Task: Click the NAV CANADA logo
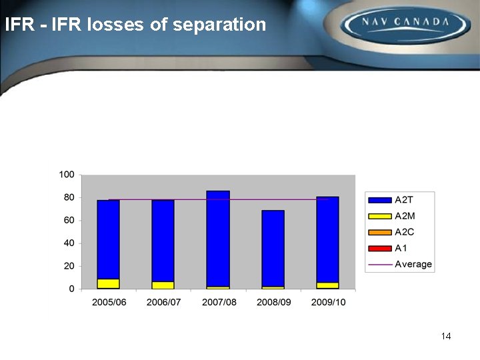[405, 25]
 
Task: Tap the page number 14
[446, 336]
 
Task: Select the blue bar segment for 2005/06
[108, 239]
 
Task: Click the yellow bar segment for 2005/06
[108, 283]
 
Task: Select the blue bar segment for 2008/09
[273, 248]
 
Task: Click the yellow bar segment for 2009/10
[327, 285]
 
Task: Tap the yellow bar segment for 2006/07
[163, 285]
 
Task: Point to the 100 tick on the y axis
[67, 175]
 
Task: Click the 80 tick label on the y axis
[69, 197]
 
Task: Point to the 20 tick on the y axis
[69, 266]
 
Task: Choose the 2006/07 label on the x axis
[163, 302]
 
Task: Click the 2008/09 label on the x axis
[273, 302]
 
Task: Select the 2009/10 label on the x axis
[328, 302]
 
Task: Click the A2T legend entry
[404, 200]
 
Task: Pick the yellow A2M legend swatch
[380, 216]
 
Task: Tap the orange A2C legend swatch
[380, 232]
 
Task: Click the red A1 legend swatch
[380, 248]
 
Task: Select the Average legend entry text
[413, 264]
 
